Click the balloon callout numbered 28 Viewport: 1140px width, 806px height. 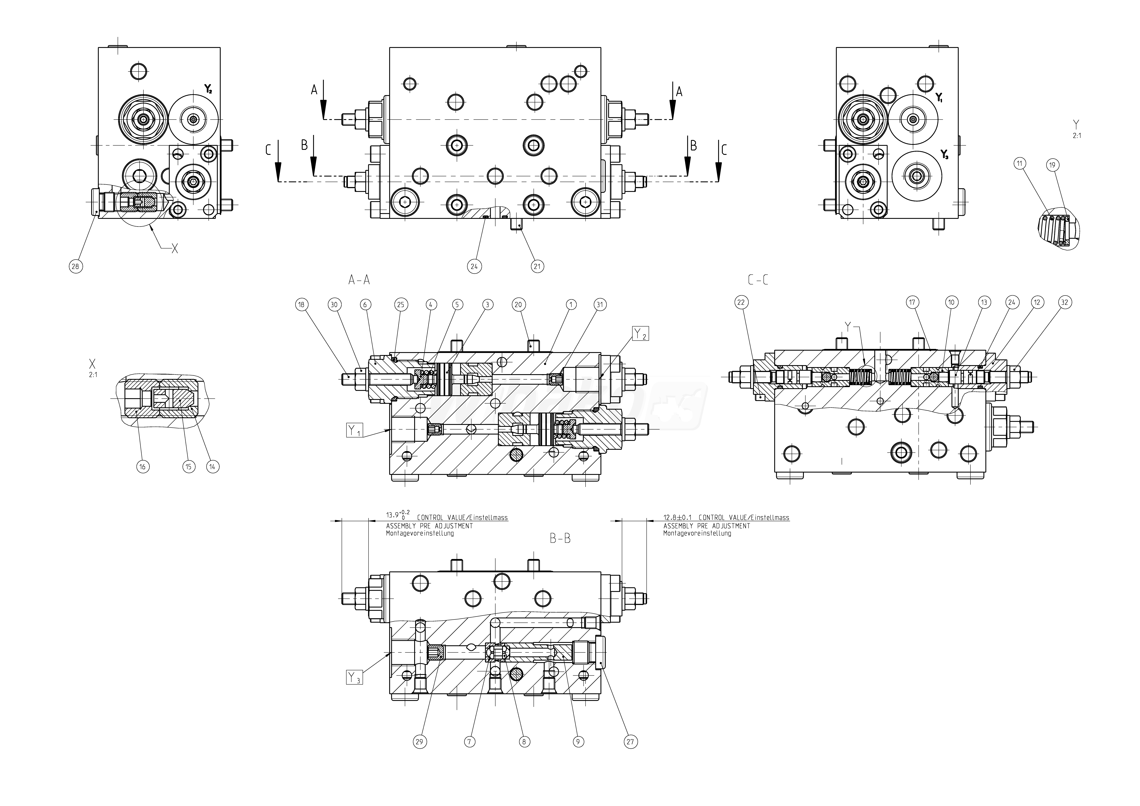[75, 267]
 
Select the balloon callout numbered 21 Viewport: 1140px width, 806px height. [537, 267]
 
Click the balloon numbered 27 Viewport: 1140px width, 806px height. [630, 742]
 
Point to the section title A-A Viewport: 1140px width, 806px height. [359, 280]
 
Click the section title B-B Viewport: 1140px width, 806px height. [560, 538]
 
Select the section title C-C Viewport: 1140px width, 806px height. [758, 280]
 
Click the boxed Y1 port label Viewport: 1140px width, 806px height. [355, 430]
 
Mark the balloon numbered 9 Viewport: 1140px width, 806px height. [577, 742]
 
